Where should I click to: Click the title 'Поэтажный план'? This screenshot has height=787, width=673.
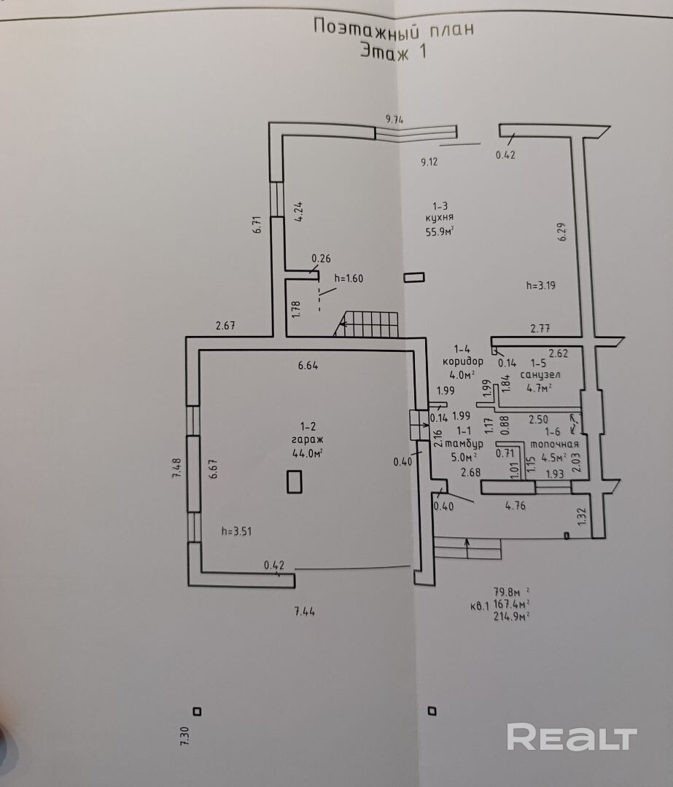[393, 28]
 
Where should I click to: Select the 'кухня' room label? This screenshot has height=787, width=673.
[440, 218]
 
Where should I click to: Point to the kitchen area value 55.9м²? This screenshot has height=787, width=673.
[440, 232]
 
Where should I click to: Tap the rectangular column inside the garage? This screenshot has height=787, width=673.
[295, 481]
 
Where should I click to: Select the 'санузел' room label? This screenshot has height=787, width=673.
[540, 374]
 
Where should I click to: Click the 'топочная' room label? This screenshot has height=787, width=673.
[554, 444]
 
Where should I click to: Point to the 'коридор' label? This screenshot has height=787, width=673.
[462, 361]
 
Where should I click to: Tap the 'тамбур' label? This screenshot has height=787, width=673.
[464, 444]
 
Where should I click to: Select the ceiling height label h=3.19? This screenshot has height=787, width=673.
[540, 286]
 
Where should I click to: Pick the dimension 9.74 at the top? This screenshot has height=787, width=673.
[394, 118]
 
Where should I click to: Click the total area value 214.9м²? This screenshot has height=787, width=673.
[510, 616]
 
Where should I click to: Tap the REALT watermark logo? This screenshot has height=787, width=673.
[572, 737]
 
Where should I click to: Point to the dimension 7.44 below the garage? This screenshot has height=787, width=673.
[305, 612]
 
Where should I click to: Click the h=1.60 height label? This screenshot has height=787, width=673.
[349, 278]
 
